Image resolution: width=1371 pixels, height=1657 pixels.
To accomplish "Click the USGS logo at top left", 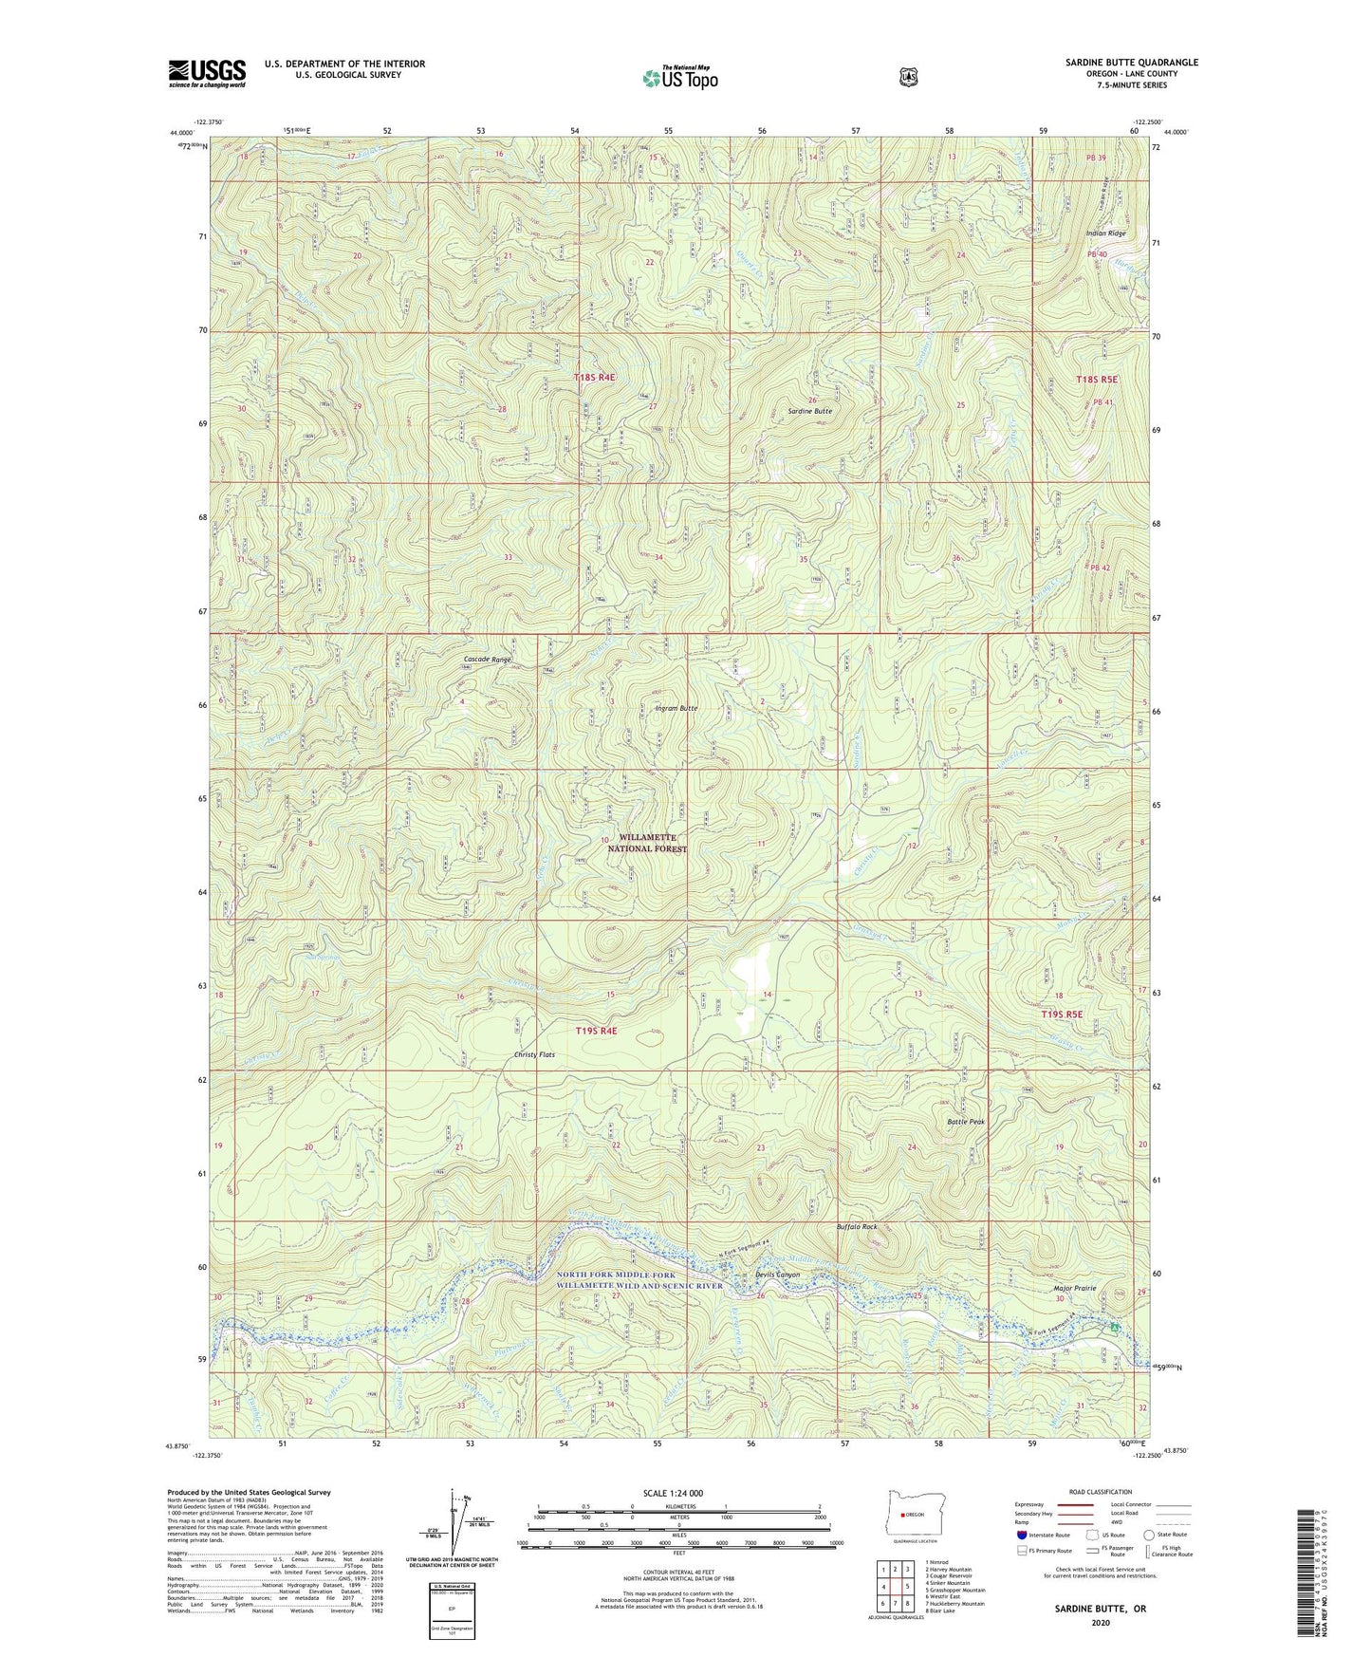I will (x=207, y=73).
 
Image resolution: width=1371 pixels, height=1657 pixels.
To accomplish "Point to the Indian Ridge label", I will (x=1105, y=233).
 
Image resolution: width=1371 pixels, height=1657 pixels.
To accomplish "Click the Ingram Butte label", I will (x=676, y=708).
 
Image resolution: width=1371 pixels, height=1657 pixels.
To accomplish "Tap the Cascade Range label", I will (x=488, y=659).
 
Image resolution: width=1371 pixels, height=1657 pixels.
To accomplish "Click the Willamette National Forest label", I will (x=652, y=843).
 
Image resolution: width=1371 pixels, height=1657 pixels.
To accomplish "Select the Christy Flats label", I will (x=534, y=1054).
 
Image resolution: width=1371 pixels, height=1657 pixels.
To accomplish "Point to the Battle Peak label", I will (x=966, y=1122).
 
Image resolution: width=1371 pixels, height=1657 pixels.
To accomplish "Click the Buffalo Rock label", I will (x=856, y=1227).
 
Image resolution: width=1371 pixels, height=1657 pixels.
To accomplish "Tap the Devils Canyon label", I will (x=777, y=1275).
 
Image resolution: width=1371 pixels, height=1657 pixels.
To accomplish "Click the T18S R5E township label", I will (x=1097, y=380).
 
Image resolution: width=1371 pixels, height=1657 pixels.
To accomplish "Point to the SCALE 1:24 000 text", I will (x=673, y=1493).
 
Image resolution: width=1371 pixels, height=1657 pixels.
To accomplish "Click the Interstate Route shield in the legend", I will (x=1021, y=1534).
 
